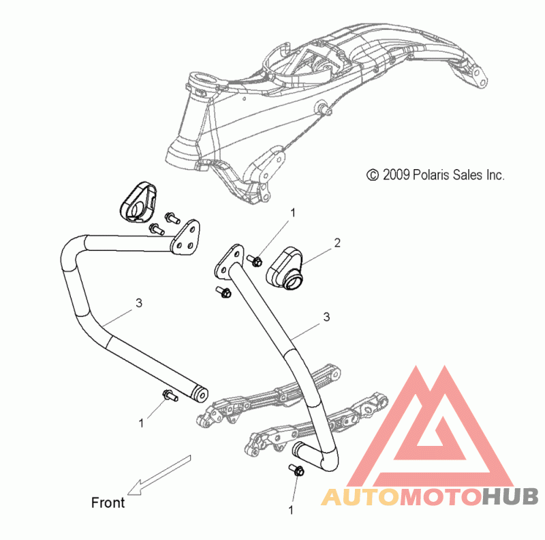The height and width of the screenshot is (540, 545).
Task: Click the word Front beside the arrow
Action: [108, 502]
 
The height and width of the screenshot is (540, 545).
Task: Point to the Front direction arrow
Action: [159, 475]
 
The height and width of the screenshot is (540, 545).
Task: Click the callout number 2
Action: [337, 243]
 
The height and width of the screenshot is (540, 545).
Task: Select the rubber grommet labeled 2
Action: [285, 268]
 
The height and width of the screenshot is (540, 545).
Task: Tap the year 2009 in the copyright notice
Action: [396, 175]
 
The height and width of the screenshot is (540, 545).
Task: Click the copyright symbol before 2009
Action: [373, 175]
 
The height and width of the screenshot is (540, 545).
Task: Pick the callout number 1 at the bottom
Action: [291, 510]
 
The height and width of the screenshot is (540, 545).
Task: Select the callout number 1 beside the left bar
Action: [141, 423]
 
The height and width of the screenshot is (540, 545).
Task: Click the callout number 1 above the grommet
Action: [293, 213]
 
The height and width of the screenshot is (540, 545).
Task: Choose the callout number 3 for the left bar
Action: [139, 303]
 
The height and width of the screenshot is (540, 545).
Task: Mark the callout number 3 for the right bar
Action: [326, 317]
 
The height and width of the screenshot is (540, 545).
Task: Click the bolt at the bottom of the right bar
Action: [297, 470]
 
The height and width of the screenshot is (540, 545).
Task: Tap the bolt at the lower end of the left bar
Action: [170, 395]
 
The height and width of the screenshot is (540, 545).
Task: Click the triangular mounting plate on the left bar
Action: [185, 239]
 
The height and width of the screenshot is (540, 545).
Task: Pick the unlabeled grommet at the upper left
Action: [138, 202]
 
